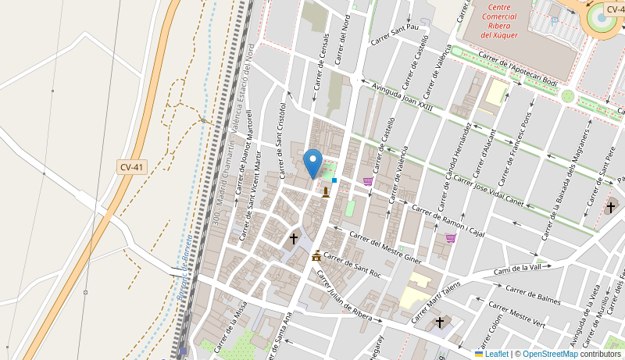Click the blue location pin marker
312,163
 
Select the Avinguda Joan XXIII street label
402,97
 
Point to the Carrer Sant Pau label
395,34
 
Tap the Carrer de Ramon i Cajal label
448,221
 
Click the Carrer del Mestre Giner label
385,247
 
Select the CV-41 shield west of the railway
131,167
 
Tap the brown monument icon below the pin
326,192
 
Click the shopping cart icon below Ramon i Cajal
451,238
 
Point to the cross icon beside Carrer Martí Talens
440,322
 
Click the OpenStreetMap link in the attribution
550,354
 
